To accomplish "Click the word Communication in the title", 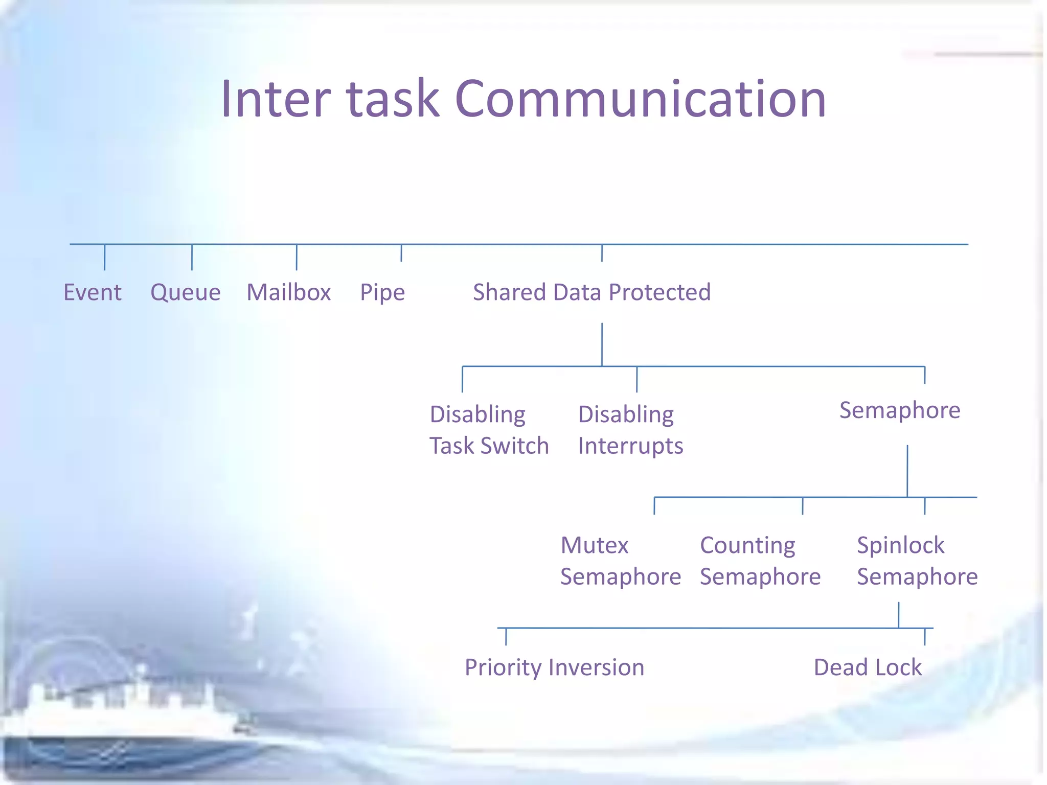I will point(640,100).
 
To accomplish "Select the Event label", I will point(93,293).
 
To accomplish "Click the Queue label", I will point(186,293).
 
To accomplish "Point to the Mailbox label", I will point(289,293).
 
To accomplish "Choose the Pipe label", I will point(382,293).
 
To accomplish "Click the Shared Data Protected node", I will point(591,293).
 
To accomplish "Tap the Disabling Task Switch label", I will point(489,430).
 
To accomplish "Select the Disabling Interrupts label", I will point(630,430).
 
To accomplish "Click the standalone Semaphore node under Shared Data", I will point(900,410).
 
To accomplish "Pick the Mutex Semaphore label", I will point(620,561).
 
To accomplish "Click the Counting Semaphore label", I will point(760,561).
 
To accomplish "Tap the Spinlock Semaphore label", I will point(917,561).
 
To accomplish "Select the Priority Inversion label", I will point(554,667).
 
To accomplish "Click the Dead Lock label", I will point(868,667).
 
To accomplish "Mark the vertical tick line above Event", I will point(105,257).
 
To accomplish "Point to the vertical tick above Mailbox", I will point(297,257).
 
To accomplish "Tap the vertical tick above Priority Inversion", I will point(506,637).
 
